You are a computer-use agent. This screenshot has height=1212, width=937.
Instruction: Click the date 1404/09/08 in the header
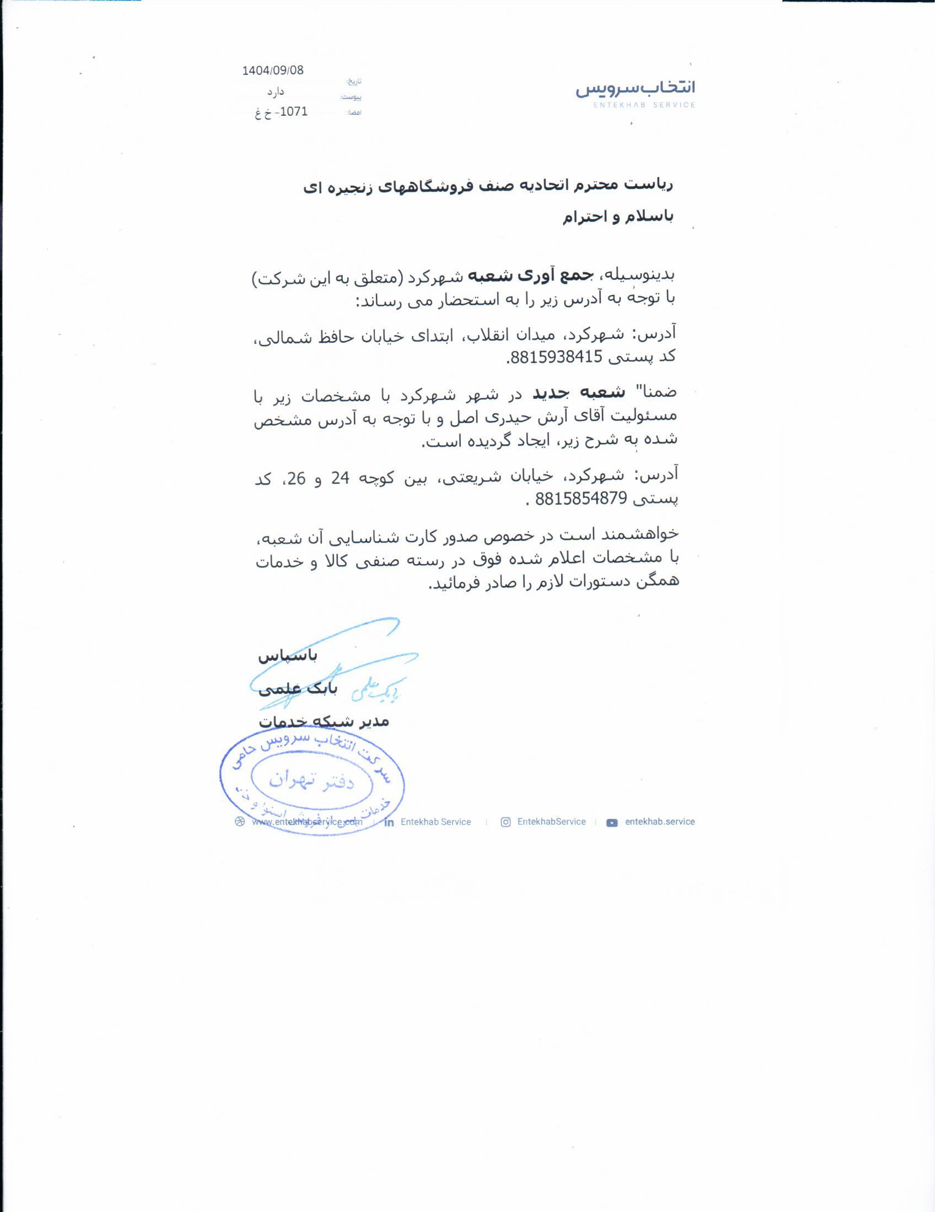point(273,71)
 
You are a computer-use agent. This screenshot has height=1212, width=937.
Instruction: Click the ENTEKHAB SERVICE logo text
point(644,105)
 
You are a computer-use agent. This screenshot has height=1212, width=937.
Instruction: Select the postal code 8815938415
point(555,358)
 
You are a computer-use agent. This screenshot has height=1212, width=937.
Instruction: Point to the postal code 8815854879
point(580,499)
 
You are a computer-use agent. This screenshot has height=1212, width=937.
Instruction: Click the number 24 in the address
point(340,478)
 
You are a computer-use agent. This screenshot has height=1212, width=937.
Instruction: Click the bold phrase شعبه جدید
point(579,393)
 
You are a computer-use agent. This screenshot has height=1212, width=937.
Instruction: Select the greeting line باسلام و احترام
point(618,217)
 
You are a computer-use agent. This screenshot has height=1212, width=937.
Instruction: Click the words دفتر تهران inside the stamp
point(311,781)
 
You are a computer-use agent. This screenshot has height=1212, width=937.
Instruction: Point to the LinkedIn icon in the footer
point(390,823)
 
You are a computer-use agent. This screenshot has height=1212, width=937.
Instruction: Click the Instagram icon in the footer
point(505,823)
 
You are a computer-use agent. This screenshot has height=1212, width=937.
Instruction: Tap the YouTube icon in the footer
point(612,823)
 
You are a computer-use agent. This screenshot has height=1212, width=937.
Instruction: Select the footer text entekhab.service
point(659,822)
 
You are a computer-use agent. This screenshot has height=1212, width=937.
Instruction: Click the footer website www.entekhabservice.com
point(307,823)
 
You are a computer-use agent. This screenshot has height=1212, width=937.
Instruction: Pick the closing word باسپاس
point(288,657)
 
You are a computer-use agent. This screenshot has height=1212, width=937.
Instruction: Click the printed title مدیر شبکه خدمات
point(324,722)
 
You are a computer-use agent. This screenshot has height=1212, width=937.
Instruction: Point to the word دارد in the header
point(276,91)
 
